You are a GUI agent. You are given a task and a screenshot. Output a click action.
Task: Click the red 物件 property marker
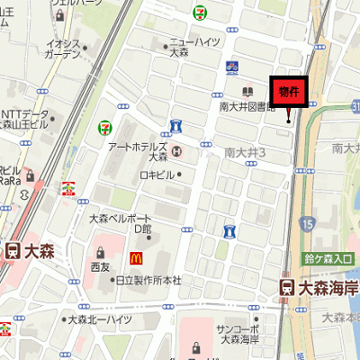click(x=289, y=92)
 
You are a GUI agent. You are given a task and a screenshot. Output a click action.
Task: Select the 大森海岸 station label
click(x=328, y=287)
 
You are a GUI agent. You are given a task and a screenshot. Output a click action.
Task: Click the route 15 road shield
click(x=308, y=222)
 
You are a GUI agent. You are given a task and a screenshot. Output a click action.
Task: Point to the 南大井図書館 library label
click(x=247, y=106)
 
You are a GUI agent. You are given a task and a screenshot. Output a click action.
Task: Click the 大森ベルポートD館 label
click(x=121, y=223)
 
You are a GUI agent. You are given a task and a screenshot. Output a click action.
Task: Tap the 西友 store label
click(x=100, y=267)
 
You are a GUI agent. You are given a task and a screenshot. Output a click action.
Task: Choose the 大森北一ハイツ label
click(x=101, y=319)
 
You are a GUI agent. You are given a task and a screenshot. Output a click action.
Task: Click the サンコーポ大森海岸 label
click(x=238, y=335)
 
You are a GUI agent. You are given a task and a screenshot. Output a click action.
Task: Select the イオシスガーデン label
click(x=64, y=48)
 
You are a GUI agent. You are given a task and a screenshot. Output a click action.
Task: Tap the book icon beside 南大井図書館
click(x=247, y=91)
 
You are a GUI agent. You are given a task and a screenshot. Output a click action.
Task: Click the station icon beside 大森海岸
click(x=285, y=287)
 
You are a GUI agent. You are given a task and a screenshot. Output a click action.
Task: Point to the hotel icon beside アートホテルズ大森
click(x=175, y=150)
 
